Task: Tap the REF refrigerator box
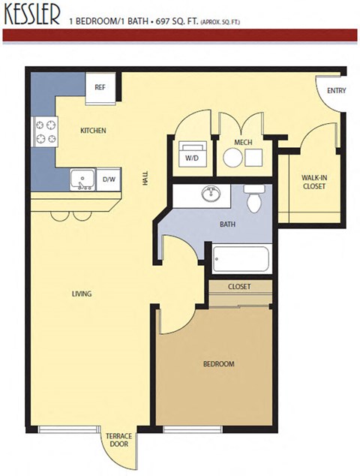click(x=99, y=87)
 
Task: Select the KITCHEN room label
click(x=94, y=131)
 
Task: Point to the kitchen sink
click(x=81, y=179)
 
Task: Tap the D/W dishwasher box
click(x=108, y=179)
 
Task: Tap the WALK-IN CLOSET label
click(x=313, y=182)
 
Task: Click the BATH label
click(x=228, y=224)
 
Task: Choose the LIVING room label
click(x=81, y=294)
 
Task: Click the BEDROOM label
click(x=219, y=364)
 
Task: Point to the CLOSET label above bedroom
click(x=238, y=286)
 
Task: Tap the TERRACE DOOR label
click(x=118, y=440)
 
